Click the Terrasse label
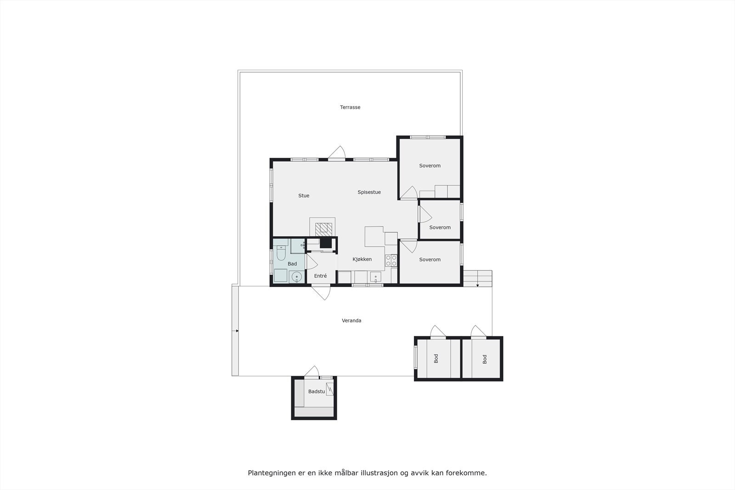click(350, 107)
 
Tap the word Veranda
click(351, 321)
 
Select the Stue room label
click(304, 196)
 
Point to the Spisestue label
click(369, 192)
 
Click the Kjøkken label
click(362, 259)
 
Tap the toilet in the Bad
click(281, 252)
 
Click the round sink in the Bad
click(297, 276)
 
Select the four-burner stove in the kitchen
click(391, 261)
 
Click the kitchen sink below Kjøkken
click(375, 277)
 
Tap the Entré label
click(320, 276)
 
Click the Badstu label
click(317, 392)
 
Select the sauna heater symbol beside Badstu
click(329, 389)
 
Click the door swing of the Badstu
click(312, 372)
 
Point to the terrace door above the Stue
click(337, 153)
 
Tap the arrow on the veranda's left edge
click(237, 331)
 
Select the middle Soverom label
click(440, 227)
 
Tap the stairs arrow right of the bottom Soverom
click(478, 285)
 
